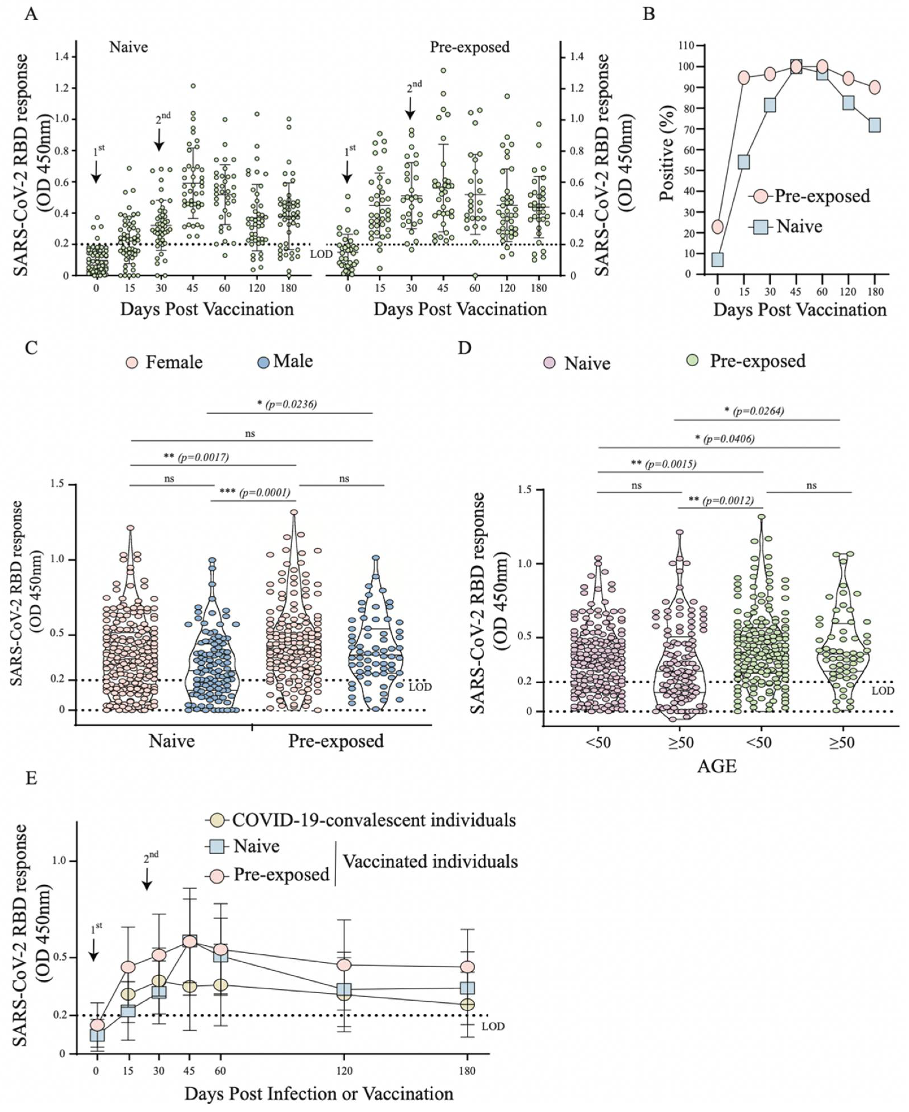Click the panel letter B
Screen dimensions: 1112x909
(x=649, y=14)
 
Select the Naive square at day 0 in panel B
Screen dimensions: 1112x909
(x=717, y=259)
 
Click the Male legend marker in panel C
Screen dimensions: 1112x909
(x=264, y=362)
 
